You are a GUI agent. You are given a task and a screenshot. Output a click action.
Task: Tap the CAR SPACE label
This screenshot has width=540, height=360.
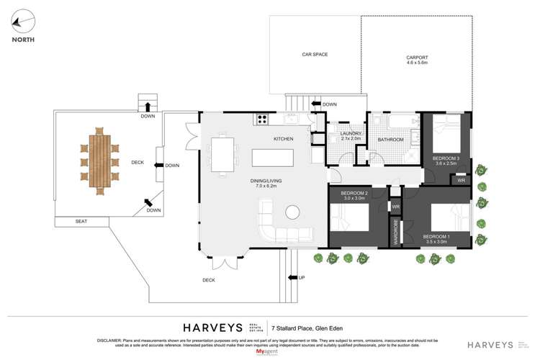click(315, 54)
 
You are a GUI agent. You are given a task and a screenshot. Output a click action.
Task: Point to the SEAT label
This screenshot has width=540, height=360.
click(81, 221)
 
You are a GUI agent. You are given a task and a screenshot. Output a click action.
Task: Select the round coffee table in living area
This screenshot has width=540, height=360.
click(292, 212)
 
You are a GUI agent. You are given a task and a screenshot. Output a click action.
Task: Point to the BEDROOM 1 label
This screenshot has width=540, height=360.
click(436, 236)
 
